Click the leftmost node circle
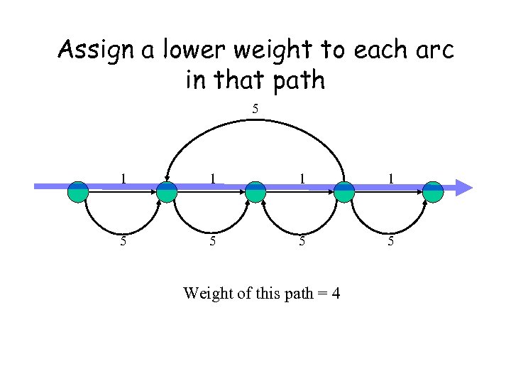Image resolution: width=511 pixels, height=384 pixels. [x=78, y=191]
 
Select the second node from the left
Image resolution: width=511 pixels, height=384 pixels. [x=166, y=191]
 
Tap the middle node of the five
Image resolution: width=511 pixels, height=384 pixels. [x=255, y=191]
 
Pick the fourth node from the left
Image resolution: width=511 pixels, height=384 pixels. [x=344, y=191]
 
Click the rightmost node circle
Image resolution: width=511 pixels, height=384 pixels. [x=433, y=191]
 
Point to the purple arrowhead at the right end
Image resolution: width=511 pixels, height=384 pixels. [x=463, y=188]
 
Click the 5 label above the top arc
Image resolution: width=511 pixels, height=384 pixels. [x=255, y=109]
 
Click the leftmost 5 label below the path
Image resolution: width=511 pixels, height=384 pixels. [x=123, y=240]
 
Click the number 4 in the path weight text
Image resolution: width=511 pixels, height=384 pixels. [x=335, y=292]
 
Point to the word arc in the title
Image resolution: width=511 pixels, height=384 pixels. [x=432, y=51]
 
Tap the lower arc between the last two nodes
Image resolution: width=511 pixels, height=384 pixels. [x=389, y=229]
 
